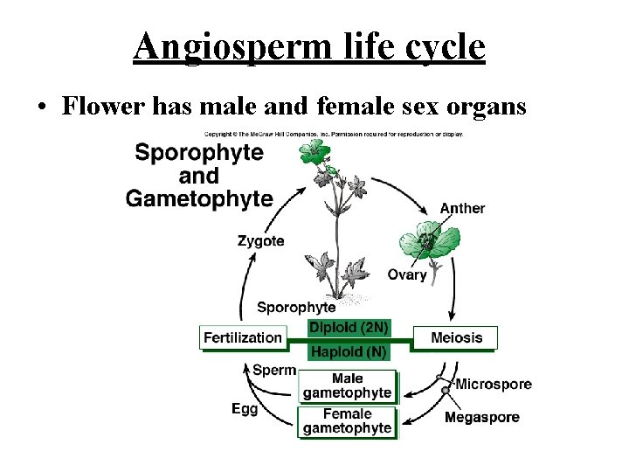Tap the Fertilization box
pyautogui.click(x=243, y=337)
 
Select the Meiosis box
pyautogui.click(x=455, y=337)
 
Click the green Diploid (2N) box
pyautogui.click(x=349, y=328)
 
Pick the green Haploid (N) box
pyautogui.click(x=349, y=351)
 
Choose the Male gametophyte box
pyautogui.click(x=347, y=385)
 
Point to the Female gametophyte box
pyautogui.click(x=347, y=421)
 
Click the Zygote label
pyautogui.click(x=260, y=240)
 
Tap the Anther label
pyautogui.click(x=462, y=208)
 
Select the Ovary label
pyautogui.click(x=407, y=274)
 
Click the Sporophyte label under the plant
pyautogui.click(x=296, y=307)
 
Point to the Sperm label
pyautogui.click(x=273, y=370)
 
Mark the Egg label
pyautogui.click(x=245, y=408)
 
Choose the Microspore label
pyautogui.click(x=494, y=384)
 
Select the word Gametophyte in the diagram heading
pyautogui.click(x=199, y=198)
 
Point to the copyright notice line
pyautogui.click(x=334, y=135)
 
